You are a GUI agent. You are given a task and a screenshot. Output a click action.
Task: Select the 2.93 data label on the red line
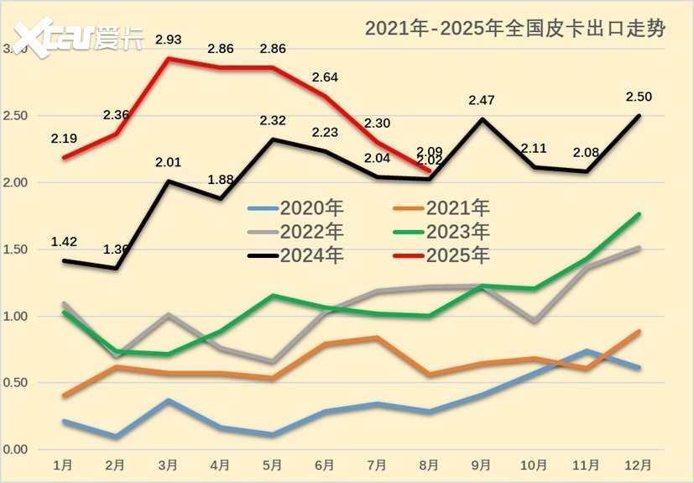pyautogui.click(x=168, y=40)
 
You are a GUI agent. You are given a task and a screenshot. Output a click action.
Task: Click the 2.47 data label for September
pyautogui.click(x=481, y=101)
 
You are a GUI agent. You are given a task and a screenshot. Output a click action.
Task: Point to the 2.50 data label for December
pyautogui.click(x=638, y=97)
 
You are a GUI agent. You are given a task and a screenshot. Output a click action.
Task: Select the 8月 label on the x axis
pyautogui.click(x=429, y=465)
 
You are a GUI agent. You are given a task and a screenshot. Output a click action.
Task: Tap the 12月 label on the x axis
pyautogui.click(x=639, y=465)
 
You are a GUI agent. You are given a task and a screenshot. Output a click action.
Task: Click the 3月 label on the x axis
pyautogui.click(x=168, y=465)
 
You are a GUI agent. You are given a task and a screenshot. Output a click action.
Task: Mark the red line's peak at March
pyautogui.click(x=168, y=59)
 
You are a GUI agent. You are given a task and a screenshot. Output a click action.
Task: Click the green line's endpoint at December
pyautogui.click(x=639, y=214)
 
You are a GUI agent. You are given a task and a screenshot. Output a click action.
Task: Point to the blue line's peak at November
pyautogui.click(x=587, y=351)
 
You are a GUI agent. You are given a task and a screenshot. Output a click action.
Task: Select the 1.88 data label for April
pyautogui.click(x=220, y=179)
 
